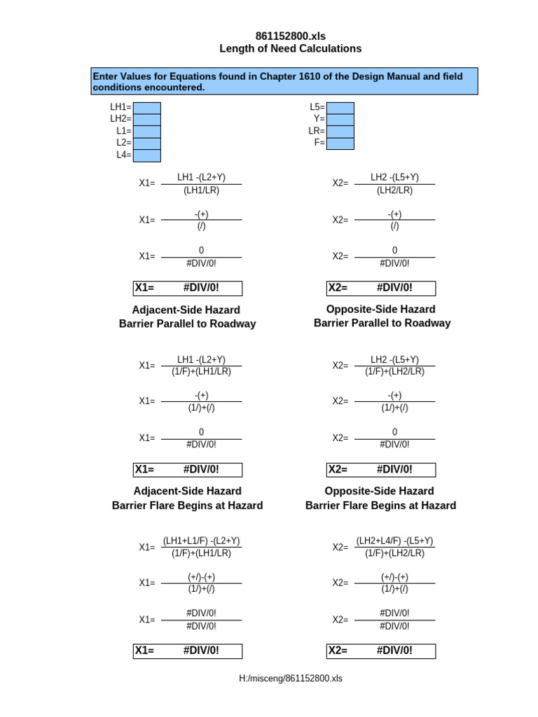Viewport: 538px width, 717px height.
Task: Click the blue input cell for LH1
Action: click(147, 108)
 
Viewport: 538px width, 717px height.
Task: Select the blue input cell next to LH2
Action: click(147, 120)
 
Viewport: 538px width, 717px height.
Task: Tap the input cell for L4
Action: click(147, 155)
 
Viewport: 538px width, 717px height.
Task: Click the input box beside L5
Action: click(340, 108)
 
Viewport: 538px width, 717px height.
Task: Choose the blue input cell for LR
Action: click(340, 132)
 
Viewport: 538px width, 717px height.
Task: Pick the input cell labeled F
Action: click(340, 144)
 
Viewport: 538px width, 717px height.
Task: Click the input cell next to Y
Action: click(340, 120)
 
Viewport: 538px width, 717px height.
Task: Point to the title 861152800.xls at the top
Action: click(291, 36)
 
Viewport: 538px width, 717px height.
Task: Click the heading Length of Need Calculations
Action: click(291, 49)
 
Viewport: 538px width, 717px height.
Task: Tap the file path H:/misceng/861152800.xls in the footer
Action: click(291, 678)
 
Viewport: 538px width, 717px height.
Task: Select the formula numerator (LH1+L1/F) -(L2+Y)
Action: click(202, 541)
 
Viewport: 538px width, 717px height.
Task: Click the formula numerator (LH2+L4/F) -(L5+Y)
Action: click(395, 541)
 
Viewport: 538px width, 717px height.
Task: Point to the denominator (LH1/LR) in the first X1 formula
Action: click(202, 190)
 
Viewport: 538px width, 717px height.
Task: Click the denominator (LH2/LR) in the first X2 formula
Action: click(395, 190)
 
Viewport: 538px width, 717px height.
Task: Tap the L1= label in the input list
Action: click(124, 131)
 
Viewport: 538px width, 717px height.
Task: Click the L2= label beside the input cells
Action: click(124, 143)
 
